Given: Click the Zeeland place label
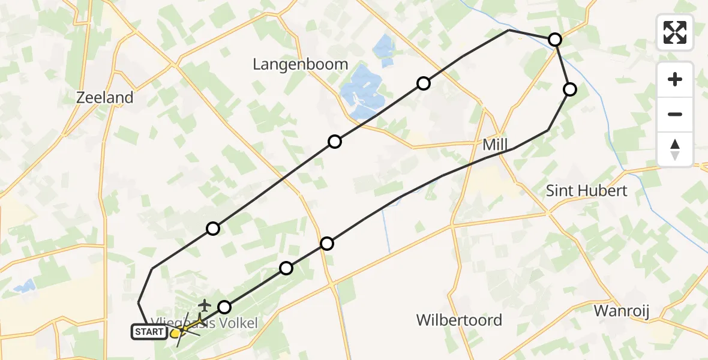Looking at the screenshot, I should (105, 97).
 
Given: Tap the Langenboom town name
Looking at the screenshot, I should (300, 64).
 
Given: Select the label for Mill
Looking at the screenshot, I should (495, 145).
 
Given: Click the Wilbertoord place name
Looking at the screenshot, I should (459, 320).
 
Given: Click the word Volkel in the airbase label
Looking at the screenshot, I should (237, 323).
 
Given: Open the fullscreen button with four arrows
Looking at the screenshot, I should (675, 32).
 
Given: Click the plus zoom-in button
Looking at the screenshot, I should (675, 79).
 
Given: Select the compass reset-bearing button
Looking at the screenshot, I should (675, 149).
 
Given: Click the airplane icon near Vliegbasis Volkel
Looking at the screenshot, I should (205, 305).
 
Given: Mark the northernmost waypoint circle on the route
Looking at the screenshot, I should (555, 40).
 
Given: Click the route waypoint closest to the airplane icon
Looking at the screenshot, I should (224, 307).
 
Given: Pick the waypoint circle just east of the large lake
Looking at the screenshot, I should (424, 83).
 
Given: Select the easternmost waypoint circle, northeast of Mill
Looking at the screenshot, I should (569, 89).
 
